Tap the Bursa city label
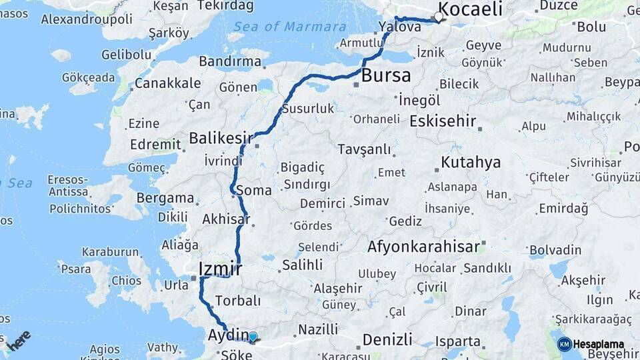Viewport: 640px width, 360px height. pyautogui.click(x=386, y=75)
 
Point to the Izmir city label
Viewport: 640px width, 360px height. pyautogui.click(x=219, y=269)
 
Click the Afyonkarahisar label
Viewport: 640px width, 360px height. pyautogui.click(x=423, y=247)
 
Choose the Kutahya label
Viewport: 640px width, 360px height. pyautogui.click(x=471, y=163)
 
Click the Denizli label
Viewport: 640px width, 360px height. pyautogui.click(x=387, y=339)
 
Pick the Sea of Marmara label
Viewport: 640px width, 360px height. pyautogui.click(x=290, y=27)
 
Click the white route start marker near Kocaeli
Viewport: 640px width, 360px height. pyautogui.click(x=439, y=17)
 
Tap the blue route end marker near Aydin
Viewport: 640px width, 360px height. pyautogui.click(x=253, y=337)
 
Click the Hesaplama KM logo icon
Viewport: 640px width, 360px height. pyautogui.click(x=565, y=345)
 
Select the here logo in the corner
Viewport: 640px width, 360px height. pyautogui.click(x=19, y=340)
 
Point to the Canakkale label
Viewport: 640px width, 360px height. pyautogui.click(x=167, y=83)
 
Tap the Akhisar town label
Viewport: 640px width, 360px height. pyautogui.click(x=226, y=219)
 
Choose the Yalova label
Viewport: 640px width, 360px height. pyautogui.click(x=399, y=27)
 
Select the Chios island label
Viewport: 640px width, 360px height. pyautogui.click(x=126, y=281)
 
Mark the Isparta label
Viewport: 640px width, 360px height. pyautogui.click(x=457, y=341)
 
